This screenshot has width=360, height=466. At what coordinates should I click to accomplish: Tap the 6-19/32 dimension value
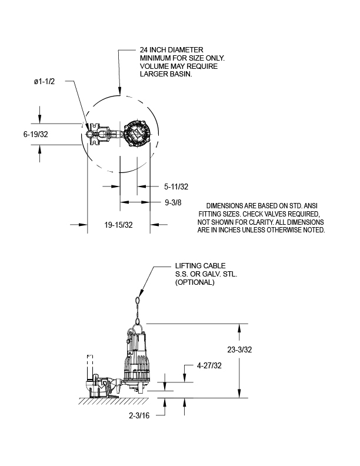pos(35,134)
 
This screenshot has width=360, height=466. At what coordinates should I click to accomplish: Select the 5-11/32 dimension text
pos(176,187)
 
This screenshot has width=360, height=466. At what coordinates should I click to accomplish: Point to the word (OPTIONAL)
pos(195,282)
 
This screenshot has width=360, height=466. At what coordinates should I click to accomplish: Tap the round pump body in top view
pos(137,134)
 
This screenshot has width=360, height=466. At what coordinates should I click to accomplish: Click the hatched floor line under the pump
pos(112,400)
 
